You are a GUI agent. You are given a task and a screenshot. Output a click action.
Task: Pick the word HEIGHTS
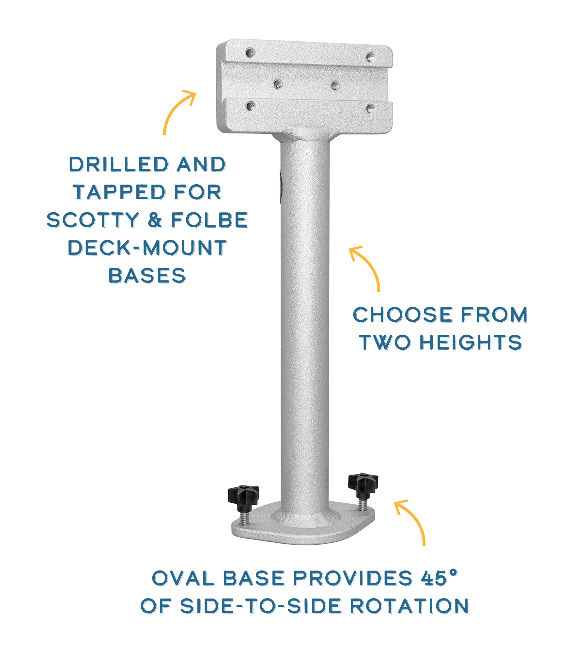[x=471, y=342]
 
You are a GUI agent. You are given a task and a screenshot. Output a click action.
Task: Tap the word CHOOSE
[x=403, y=314]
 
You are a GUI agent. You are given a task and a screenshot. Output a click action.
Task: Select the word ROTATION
[x=409, y=606]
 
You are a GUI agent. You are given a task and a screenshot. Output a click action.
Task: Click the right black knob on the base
[x=363, y=485]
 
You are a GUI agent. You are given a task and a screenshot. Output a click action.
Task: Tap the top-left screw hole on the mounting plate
[x=250, y=53]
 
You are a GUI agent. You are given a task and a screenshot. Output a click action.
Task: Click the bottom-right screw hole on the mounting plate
[x=370, y=109]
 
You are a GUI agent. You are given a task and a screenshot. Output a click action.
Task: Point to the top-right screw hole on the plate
[x=370, y=57]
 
